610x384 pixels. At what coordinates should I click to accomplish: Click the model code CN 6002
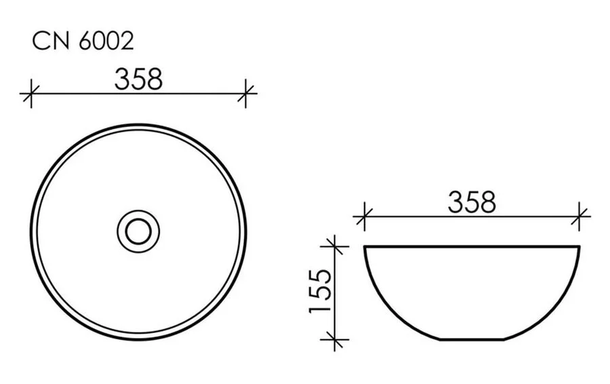[x=83, y=42]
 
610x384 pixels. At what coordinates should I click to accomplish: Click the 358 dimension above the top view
[x=138, y=79]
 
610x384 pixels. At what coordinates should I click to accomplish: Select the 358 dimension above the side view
[x=472, y=202]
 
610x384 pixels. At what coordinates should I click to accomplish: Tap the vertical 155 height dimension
[x=319, y=292]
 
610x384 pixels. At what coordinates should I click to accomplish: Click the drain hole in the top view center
[x=138, y=231]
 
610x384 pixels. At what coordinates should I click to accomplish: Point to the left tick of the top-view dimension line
[x=28, y=93]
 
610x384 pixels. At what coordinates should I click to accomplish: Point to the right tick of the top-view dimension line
[x=247, y=93]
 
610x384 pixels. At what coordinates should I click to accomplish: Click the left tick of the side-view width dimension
[x=364, y=217]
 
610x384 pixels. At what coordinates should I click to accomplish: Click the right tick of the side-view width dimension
[x=580, y=217]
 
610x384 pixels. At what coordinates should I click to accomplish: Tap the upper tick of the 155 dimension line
[x=332, y=246]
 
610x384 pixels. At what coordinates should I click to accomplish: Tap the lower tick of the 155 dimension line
[x=332, y=339]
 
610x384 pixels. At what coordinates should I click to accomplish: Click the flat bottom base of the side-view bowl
[x=472, y=339]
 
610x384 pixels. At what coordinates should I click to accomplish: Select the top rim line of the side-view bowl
[x=472, y=246]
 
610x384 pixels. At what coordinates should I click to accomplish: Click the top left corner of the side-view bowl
[x=365, y=247]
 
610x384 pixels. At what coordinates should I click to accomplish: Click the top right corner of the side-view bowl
[x=579, y=247]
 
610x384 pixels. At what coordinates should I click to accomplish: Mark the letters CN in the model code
[x=47, y=42]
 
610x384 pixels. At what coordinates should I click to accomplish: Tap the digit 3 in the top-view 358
[x=122, y=79]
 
